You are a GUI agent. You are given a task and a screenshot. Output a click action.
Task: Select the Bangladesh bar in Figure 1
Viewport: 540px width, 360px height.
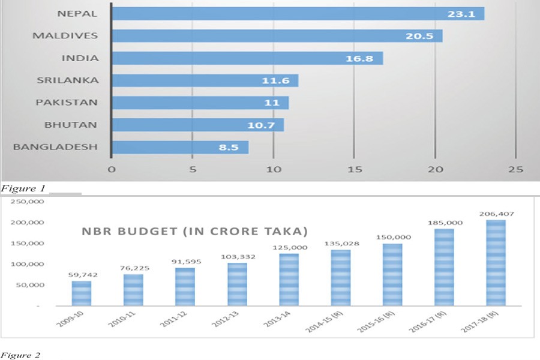pyautogui.click(x=181, y=147)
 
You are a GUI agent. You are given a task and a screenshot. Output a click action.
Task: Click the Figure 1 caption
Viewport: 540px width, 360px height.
pyautogui.click(x=21, y=188)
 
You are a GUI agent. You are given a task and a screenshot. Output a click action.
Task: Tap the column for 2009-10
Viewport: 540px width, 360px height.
pyautogui.click(x=82, y=293)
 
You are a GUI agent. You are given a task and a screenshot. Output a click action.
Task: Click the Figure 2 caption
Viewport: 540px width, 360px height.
pyautogui.click(x=21, y=355)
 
